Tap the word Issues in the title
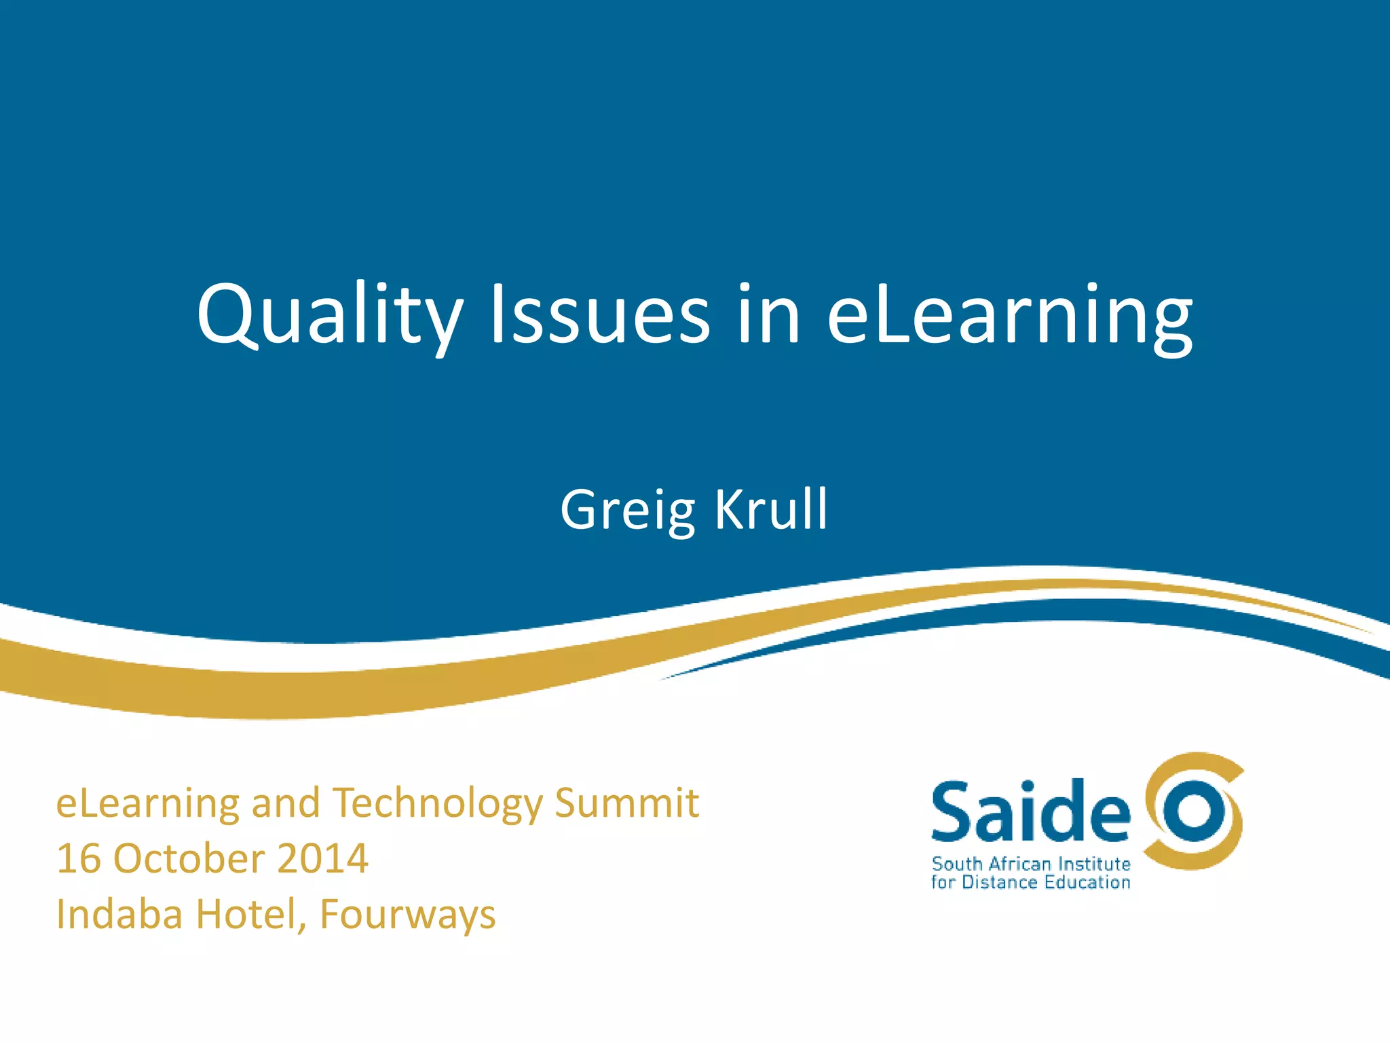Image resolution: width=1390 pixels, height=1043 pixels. click(x=600, y=314)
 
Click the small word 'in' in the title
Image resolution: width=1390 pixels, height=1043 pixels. click(x=769, y=314)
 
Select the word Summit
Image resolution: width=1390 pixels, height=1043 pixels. click(x=626, y=803)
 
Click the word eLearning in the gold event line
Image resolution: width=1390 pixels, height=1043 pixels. click(x=147, y=805)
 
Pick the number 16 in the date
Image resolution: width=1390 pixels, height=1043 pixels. click(x=79, y=859)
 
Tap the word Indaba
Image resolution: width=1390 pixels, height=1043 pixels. click(x=119, y=915)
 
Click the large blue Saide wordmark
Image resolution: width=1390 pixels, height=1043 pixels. click(x=1030, y=811)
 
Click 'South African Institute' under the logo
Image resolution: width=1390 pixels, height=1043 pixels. click(x=1031, y=864)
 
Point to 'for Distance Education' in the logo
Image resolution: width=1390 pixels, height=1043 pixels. click(x=1030, y=883)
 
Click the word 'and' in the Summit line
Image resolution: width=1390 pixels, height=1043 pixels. click(x=285, y=803)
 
